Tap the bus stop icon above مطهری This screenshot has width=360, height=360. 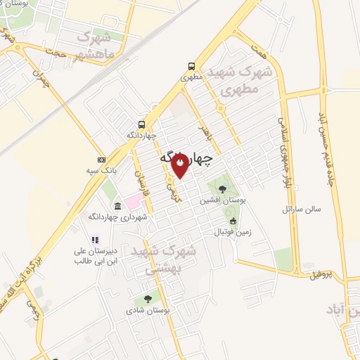[x=191, y=65]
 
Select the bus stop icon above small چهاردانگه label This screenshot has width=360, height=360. [x=142, y=123]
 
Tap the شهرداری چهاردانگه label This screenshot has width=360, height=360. [x=124, y=217]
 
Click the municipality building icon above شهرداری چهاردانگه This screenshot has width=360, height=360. [x=117, y=206]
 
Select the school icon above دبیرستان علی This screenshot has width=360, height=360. [x=95, y=240]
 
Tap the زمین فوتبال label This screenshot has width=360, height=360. [x=233, y=231]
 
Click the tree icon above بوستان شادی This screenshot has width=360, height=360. [x=147, y=298]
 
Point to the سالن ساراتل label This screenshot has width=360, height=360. [x=301, y=209]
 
